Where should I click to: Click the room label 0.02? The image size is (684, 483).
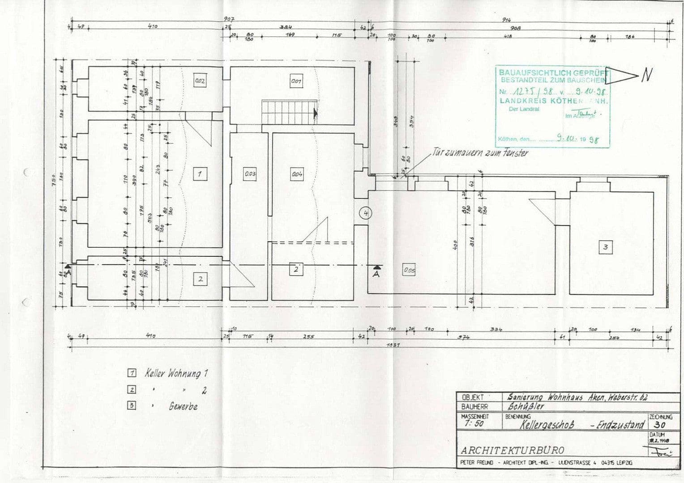(x=200, y=81)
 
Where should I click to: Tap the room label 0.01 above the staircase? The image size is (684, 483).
(x=295, y=82)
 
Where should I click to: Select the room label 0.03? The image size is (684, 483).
(x=249, y=174)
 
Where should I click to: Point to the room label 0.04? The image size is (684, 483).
(x=296, y=174)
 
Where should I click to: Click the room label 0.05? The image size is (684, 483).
(x=409, y=270)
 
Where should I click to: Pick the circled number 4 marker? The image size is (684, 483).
(x=366, y=213)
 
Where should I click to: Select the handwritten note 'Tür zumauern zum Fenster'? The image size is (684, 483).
(x=480, y=153)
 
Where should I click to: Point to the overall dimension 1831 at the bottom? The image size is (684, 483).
(x=394, y=345)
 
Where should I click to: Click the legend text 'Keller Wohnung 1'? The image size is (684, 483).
(x=176, y=373)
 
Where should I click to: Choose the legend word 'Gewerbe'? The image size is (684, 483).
(x=183, y=407)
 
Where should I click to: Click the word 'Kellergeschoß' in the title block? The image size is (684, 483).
(x=547, y=424)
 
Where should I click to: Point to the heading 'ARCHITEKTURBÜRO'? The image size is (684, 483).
(x=513, y=450)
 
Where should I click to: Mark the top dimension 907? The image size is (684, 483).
(x=229, y=20)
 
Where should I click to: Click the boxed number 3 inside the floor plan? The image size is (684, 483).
(x=605, y=247)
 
